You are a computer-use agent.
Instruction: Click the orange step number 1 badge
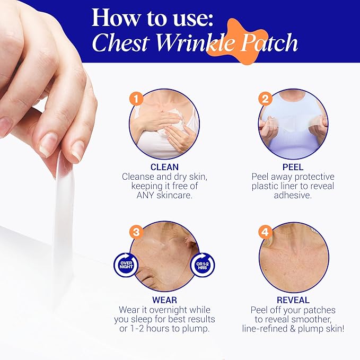[137, 98]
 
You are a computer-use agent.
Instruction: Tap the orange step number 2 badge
[266, 98]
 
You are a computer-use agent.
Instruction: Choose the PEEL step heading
[293, 167]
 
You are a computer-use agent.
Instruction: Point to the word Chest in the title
[119, 43]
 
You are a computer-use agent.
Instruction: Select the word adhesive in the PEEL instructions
[293, 196]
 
